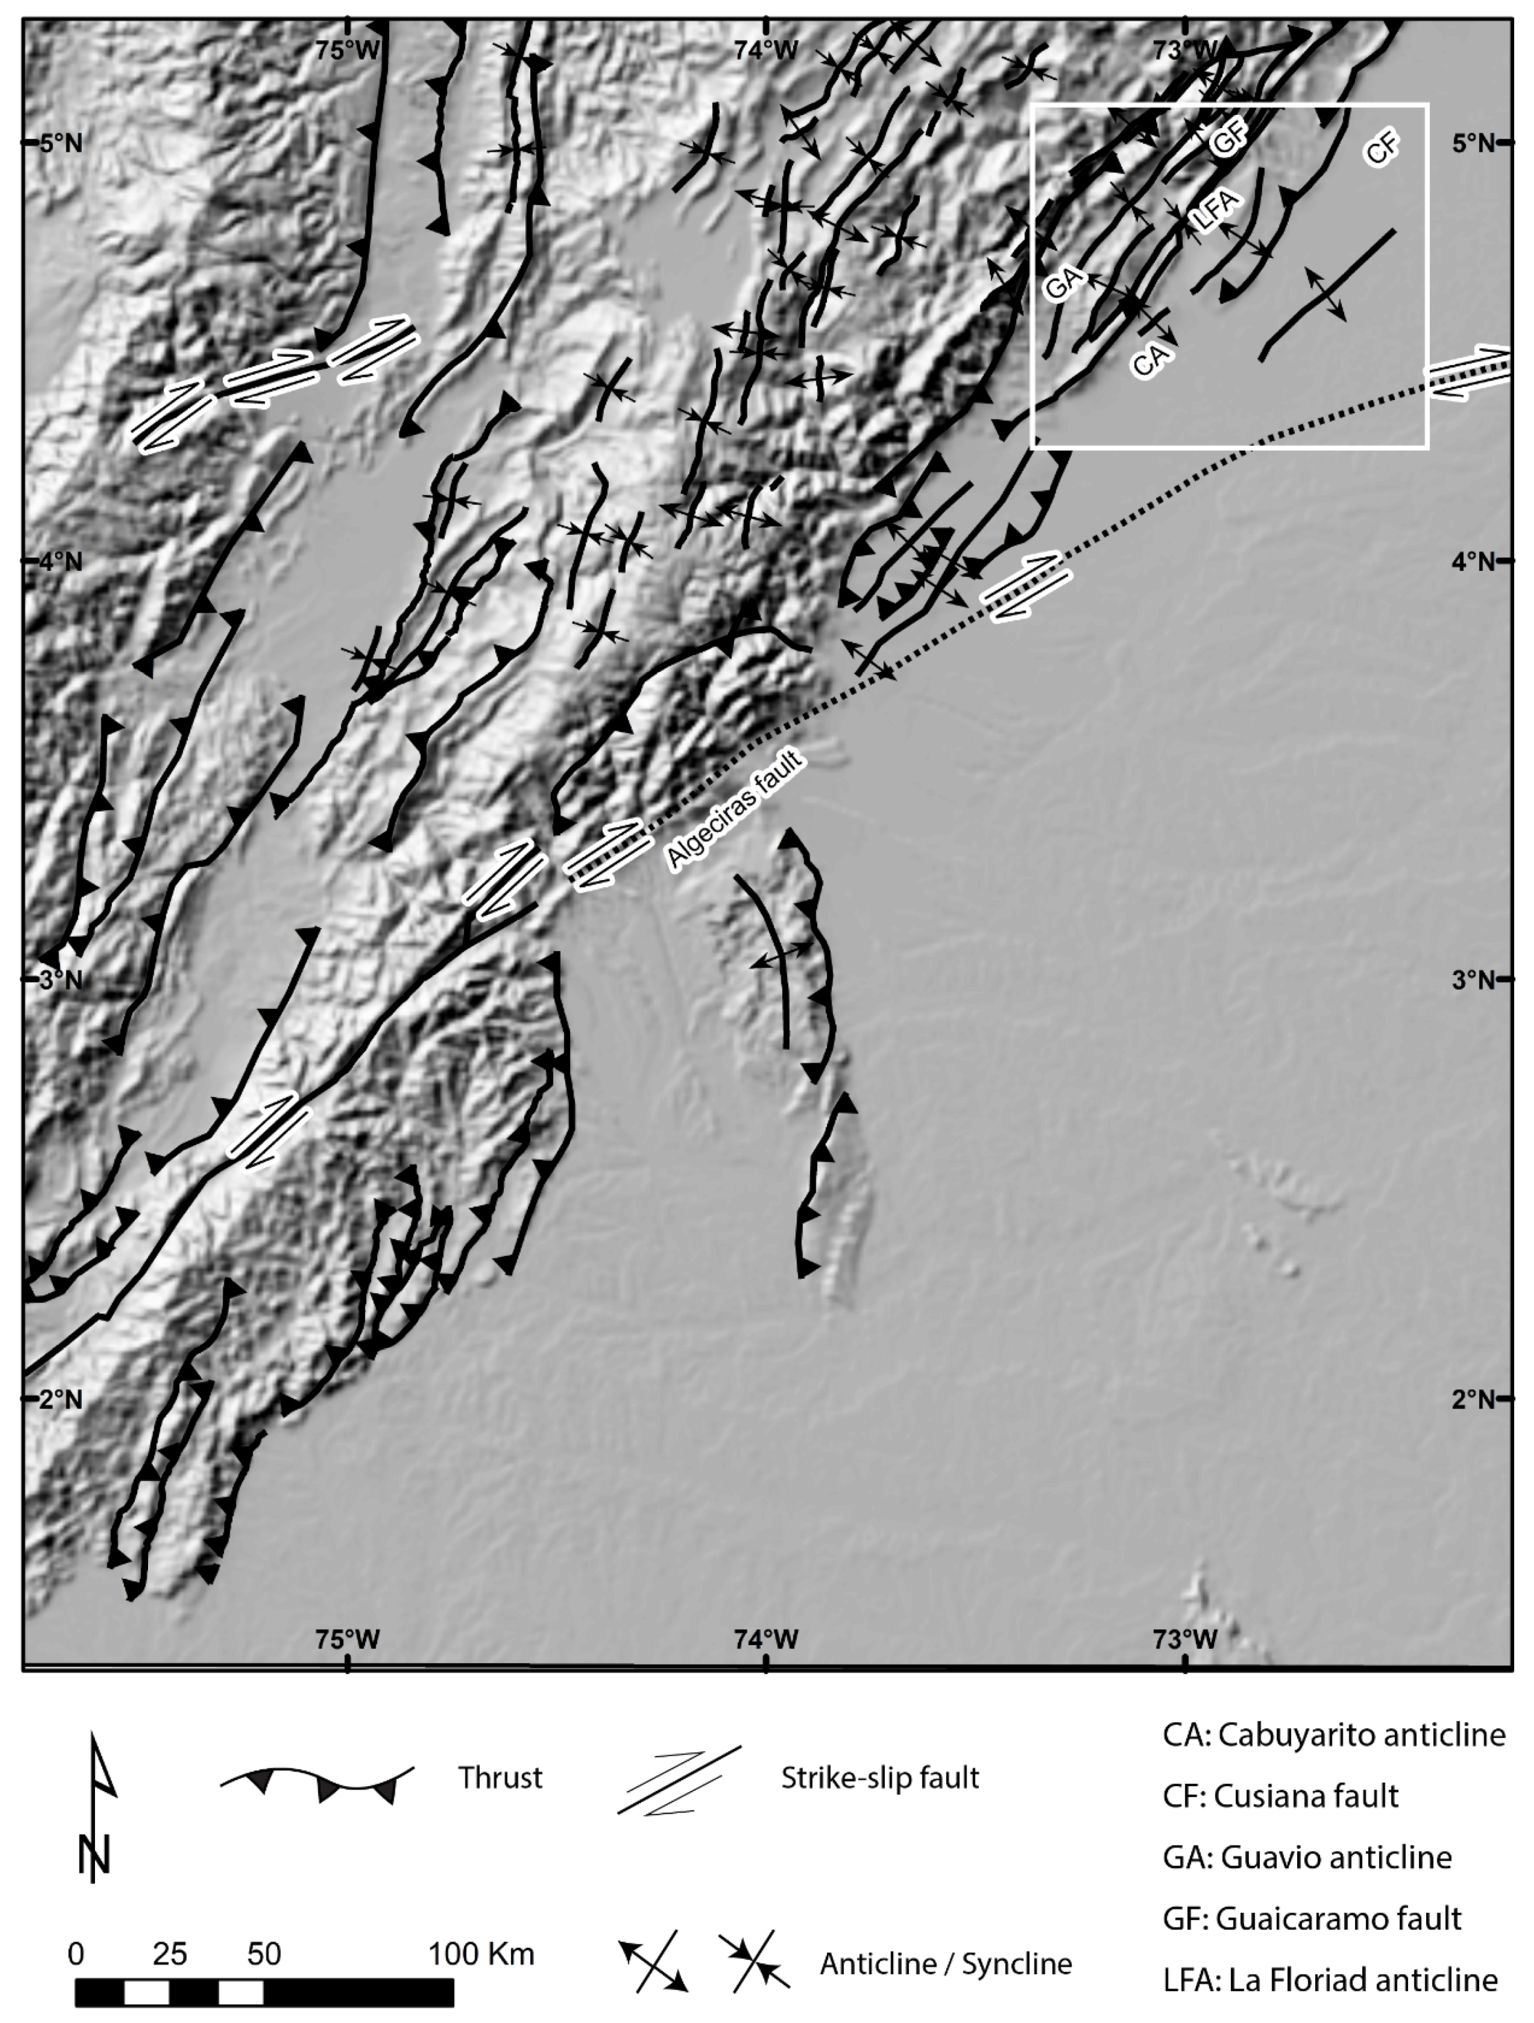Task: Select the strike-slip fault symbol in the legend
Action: [x=679, y=1780]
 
